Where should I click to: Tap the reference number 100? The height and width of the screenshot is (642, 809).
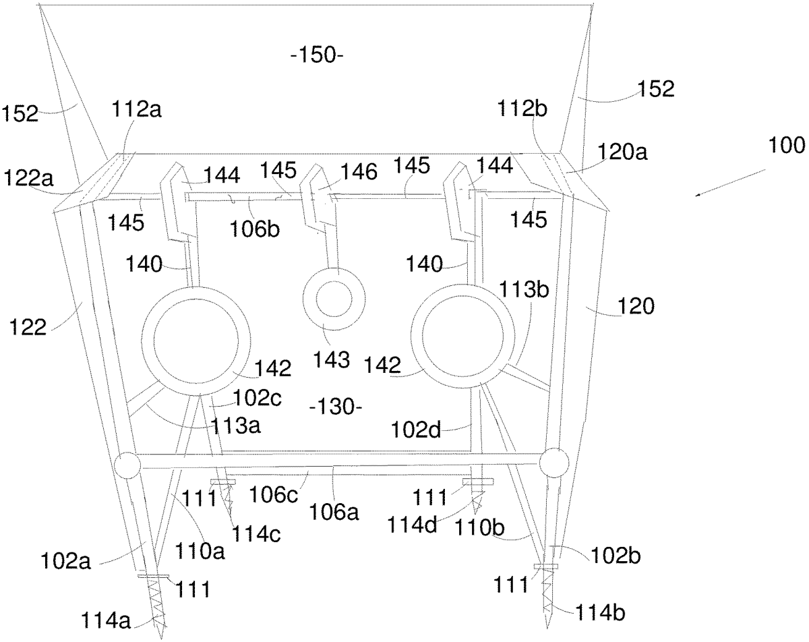coord(785,144)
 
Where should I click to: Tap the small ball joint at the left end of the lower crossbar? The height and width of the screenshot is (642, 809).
coord(125,464)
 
